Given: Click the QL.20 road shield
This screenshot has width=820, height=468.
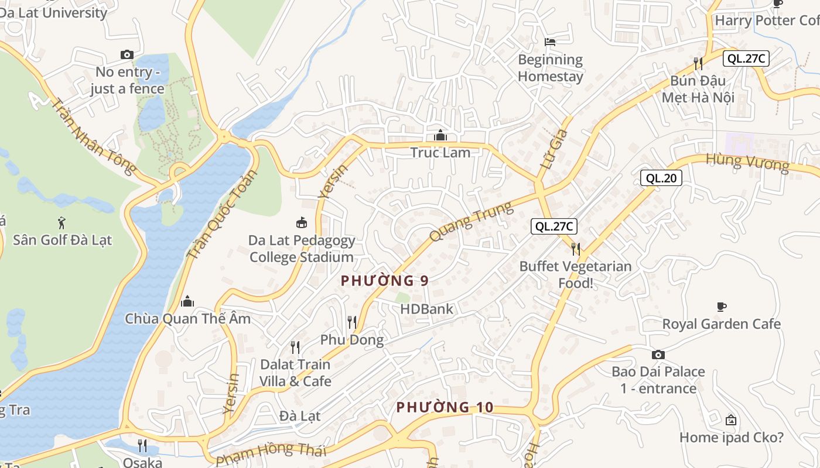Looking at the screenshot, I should [x=661, y=178].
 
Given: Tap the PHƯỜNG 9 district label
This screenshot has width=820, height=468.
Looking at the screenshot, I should [x=385, y=281].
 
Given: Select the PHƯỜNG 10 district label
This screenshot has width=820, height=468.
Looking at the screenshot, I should [x=445, y=407].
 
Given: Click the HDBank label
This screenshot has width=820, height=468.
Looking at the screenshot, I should [x=426, y=309].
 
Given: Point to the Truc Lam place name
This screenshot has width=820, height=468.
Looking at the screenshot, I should [x=440, y=152].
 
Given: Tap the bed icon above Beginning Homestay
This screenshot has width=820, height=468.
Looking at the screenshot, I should [x=550, y=42].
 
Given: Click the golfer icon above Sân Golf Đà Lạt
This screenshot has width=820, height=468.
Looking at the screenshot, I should [x=62, y=223].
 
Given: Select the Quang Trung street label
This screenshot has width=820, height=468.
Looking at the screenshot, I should [x=471, y=221].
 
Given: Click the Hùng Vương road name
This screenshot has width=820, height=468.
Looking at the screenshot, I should [x=747, y=161].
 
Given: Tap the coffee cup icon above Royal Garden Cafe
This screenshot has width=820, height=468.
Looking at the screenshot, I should [x=722, y=307].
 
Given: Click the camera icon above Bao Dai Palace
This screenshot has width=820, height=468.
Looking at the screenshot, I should [x=658, y=355].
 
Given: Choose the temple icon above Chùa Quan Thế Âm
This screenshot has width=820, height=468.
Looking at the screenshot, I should [x=187, y=301].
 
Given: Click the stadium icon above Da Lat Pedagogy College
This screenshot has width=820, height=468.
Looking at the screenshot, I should [x=302, y=223].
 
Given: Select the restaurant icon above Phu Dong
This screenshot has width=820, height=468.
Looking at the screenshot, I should [x=352, y=322].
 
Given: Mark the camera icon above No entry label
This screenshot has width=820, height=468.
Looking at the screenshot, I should [x=127, y=55].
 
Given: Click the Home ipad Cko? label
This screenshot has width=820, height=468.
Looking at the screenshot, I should [x=731, y=437].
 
